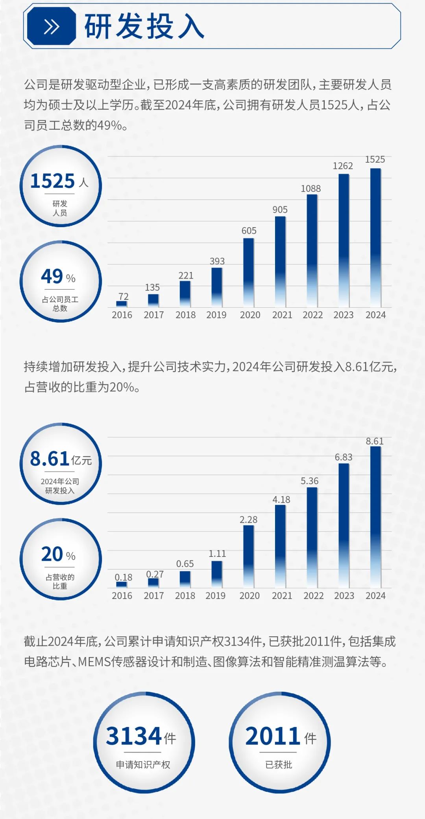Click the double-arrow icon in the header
point(51,27)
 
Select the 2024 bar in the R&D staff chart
point(375,237)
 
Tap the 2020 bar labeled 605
point(249,272)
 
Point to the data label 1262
point(343,166)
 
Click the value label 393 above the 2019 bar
point(217,261)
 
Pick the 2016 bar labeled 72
point(122,303)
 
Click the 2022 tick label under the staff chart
point(312,315)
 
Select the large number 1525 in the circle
point(52,181)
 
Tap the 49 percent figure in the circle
point(52,276)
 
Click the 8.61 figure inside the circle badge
point(50,459)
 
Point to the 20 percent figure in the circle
point(52,554)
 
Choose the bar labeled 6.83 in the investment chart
point(344,525)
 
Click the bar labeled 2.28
point(249,556)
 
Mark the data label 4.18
point(281,499)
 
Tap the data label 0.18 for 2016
point(124,577)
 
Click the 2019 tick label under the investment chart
point(216,595)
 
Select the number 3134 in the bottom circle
point(134,736)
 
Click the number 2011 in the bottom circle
point(273,736)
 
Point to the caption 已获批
point(279,764)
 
